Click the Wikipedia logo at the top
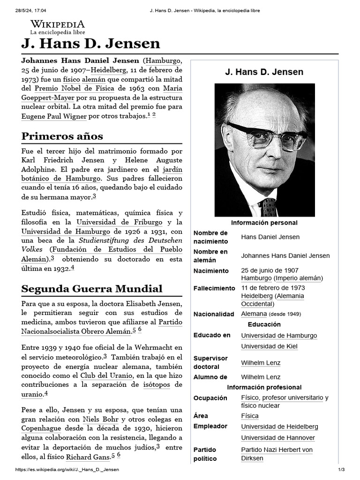tap(58, 27)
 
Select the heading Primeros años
tap(62, 136)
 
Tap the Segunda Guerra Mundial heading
tap(92, 288)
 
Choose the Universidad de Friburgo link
tap(120, 222)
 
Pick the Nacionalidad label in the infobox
tap(213, 314)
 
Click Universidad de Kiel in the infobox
tap(269, 346)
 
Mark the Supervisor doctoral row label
tap(210, 362)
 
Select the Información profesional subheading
tap(264, 388)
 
